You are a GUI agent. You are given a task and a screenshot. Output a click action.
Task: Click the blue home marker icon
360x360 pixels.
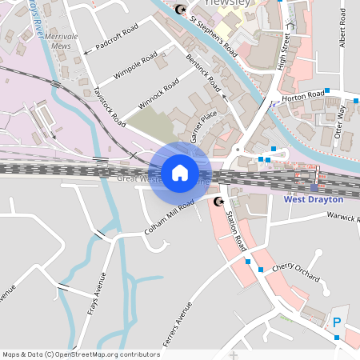click(x=180, y=172)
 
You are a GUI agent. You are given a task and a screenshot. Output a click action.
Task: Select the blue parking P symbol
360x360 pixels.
click(x=337, y=322)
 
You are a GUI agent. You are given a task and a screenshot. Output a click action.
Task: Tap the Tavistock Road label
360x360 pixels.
click(x=110, y=106)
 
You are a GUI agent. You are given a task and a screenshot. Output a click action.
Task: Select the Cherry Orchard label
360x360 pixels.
click(x=296, y=273)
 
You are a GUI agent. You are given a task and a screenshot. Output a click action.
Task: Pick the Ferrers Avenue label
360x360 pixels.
click(x=178, y=325)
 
